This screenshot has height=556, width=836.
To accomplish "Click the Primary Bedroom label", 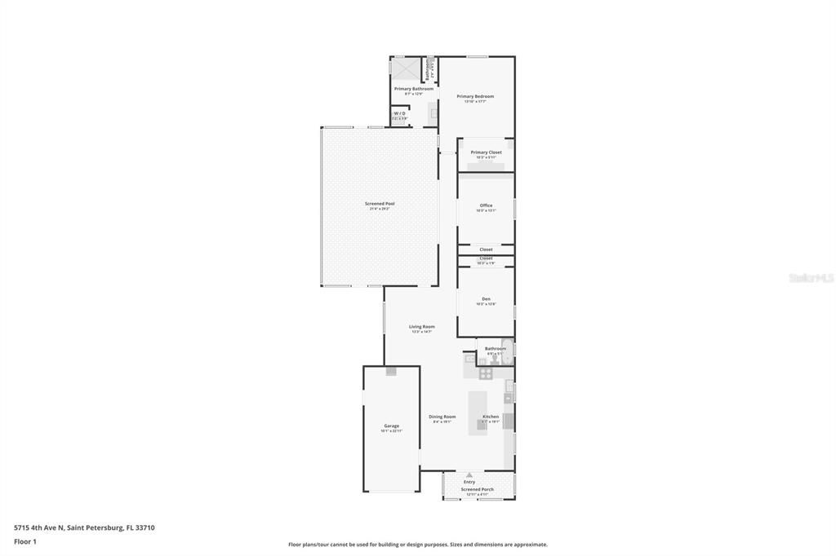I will click(475, 96).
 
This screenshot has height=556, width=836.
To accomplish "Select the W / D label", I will click(399, 113).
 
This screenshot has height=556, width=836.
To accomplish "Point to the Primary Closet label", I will click(486, 152).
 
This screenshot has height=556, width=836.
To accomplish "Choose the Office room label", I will click(486, 205).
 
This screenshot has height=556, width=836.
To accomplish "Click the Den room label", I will click(486, 299).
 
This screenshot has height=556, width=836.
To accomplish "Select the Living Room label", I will click(422, 327).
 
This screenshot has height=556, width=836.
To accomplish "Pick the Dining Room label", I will click(442, 417).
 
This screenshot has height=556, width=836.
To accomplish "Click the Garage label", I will click(392, 426).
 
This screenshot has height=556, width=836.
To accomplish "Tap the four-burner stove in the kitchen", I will click(486, 373).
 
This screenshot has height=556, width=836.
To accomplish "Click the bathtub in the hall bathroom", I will click(508, 351).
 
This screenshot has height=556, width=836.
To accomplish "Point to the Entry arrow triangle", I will click(469, 474).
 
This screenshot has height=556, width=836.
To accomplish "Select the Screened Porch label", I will click(478, 490).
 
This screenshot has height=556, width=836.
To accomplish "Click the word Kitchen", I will click(491, 417).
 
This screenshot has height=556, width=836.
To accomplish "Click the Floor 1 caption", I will click(25, 541).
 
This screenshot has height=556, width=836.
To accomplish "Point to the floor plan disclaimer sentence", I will click(417, 545).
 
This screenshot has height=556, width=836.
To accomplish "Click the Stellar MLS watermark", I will click(811, 278).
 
